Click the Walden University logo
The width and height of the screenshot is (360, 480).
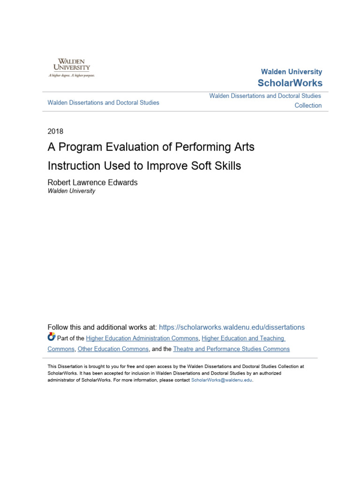coord(71,67)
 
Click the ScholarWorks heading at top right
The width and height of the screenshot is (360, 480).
coord(290,83)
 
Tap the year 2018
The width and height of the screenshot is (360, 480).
coord(55,131)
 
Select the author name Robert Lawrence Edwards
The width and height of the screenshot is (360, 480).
coord(93,182)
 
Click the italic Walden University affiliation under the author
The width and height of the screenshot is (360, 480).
coord(71,191)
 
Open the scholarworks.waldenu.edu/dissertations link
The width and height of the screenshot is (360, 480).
coord(232,327)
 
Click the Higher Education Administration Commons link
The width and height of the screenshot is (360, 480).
coord(142,338)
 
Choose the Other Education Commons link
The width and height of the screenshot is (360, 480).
coord(113,349)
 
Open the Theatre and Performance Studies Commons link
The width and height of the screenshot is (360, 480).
coord(231,349)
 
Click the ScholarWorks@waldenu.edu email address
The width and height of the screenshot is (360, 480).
coord(222,380)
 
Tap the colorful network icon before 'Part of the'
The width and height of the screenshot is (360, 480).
coord(52,337)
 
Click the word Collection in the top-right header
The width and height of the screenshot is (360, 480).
coord(308,105)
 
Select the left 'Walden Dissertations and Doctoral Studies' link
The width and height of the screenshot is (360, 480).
coord(104,102)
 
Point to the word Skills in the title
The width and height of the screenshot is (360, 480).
coord(226,166)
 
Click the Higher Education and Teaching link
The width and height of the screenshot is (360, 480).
coord(243,338)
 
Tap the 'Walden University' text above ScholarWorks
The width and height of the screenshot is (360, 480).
coord(291,72)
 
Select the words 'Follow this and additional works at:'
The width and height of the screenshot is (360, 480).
coord(102,327)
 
